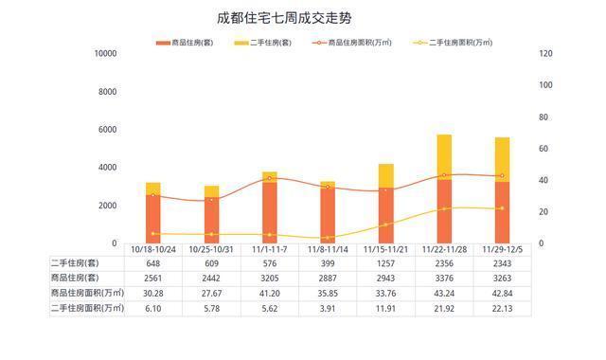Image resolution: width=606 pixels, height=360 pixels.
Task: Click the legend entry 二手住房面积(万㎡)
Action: [x=459, y=43]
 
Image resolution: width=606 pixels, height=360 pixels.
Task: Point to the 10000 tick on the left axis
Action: [x=104, y=54]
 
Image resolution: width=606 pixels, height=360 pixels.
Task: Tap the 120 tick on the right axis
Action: [x=545, y=54]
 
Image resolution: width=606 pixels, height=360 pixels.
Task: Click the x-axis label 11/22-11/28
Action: [x=444, y=249]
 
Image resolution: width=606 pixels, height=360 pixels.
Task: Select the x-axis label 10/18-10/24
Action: [x=152, y=249]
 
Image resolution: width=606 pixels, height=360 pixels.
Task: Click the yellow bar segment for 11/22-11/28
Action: [x=444, y=156]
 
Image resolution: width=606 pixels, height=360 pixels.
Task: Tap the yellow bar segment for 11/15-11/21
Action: [x=386, y=175]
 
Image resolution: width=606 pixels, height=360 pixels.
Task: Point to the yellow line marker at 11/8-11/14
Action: [x=328, y=238]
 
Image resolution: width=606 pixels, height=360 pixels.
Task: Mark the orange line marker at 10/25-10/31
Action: [x=211, y=200]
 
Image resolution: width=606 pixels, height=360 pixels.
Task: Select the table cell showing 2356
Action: [x=444, y=262]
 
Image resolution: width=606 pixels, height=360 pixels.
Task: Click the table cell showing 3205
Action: [x=270, y=278]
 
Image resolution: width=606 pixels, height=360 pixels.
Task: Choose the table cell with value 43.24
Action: [x=444, y=293]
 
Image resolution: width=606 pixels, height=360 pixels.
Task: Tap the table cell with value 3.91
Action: [x=328, y=308]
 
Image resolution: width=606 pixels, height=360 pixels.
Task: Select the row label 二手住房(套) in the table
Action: [x=75, y=262]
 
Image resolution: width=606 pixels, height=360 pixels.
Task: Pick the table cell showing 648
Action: [x=152, y=262]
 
